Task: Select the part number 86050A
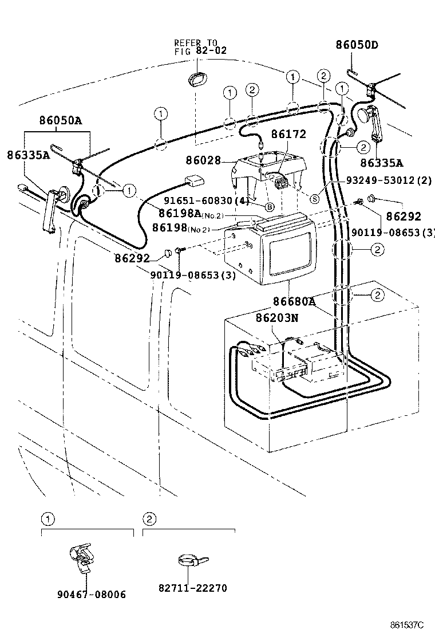pos(60,121)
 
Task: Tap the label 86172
pos(288,135)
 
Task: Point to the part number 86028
pos(203,161)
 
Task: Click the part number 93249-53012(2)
pos(388,180)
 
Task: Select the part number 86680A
pos(294,300)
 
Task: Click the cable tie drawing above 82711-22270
pos(191,561)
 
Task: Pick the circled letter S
pos(314,199)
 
